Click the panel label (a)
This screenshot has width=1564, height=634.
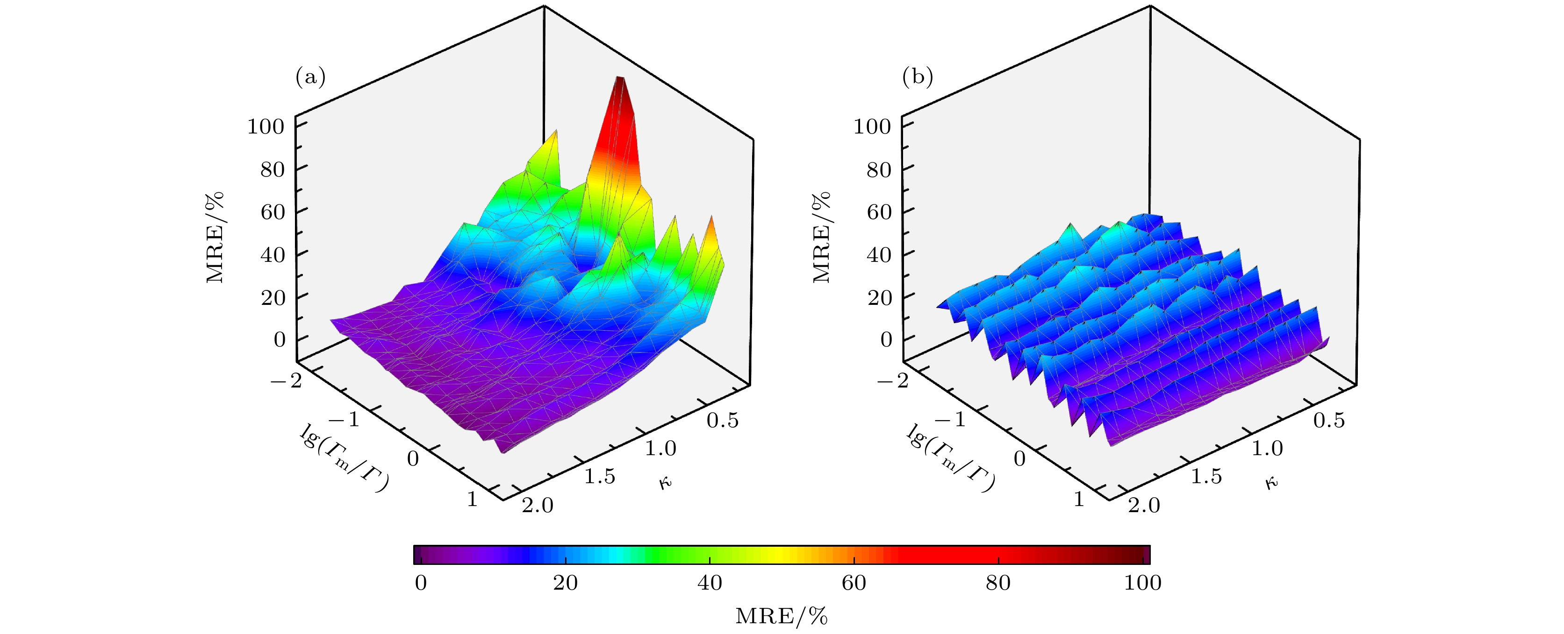tap(310, 77)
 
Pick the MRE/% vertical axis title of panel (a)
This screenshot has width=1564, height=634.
tap(215, 237)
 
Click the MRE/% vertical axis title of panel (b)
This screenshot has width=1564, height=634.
tap(821, 237)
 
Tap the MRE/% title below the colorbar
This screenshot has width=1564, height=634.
tap(782, 616)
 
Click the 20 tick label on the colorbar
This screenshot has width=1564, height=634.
tap(565, 583)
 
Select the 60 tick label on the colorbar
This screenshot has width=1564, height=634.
tap(853, 583)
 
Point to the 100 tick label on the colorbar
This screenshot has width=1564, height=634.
tap(1142, 583)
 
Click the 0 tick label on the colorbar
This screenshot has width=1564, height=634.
tap(421, 583)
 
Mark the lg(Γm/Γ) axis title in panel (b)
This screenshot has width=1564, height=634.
tap(951, 458)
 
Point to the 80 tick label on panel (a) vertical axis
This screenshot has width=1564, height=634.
tap(272, 169)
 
